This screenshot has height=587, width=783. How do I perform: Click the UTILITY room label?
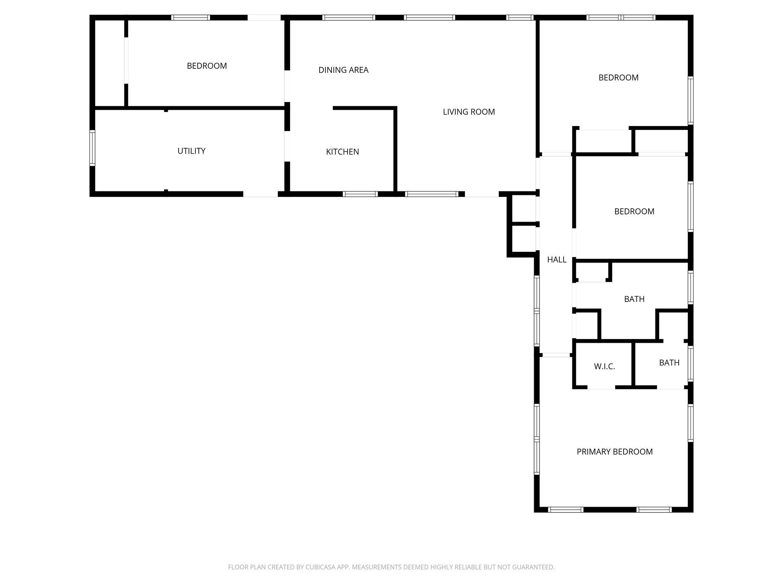coord(191,151)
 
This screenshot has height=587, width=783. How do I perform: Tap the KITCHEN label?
coord(342,152)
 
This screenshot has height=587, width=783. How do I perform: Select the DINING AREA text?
coord(343,70)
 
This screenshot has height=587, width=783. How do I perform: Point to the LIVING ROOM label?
coord(469,112)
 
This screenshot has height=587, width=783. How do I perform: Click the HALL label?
coord(557,260)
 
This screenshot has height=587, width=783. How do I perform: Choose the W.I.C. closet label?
coord(604,367)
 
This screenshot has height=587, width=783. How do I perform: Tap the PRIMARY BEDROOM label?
coord(614,452)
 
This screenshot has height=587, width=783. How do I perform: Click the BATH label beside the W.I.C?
coord(669,363)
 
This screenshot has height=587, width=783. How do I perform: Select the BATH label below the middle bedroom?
coord(634,299)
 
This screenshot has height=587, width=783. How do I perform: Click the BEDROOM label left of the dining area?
coord(207,66)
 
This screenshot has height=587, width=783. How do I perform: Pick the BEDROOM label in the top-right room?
coord(618,78)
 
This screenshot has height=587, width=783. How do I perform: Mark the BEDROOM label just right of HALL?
coord(634,211)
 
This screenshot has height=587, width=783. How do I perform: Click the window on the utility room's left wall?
coord(92,148)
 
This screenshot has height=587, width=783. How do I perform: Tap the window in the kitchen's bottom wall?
coord(360,194)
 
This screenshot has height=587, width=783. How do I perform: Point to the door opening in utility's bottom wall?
coord(260,194)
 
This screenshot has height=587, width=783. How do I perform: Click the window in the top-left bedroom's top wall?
coord(190,18)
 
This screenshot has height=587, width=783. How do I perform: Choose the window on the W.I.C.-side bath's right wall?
coord(690,364)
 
